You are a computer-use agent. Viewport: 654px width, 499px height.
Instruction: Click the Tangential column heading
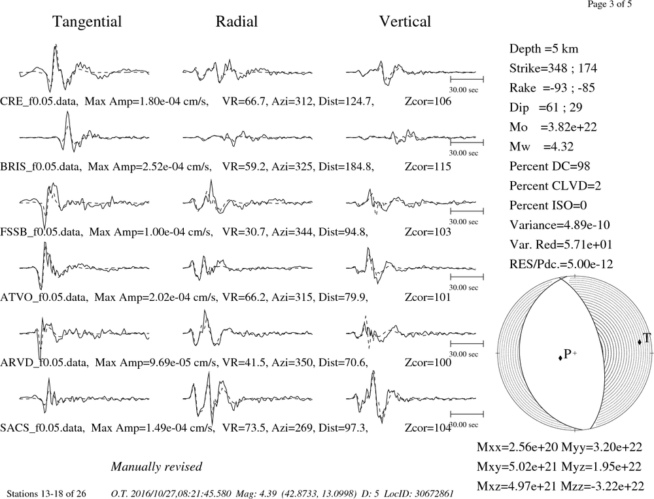tap(87, 22)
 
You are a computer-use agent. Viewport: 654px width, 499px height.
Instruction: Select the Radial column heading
tap(237, 22)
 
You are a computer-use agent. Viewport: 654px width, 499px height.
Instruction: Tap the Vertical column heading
tap(405, 22)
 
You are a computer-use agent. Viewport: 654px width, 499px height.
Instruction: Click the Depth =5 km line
tap(543, 49)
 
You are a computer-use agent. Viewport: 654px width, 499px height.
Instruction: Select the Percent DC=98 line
tap(550, 166)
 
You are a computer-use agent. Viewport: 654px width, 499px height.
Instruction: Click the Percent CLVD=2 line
tap(555, 186)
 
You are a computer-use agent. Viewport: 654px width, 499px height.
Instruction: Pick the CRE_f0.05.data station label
tap(39, 101)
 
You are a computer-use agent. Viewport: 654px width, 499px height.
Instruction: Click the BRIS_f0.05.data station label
tap(41, 167)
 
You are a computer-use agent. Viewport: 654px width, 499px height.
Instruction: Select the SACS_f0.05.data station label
tap(43, 428)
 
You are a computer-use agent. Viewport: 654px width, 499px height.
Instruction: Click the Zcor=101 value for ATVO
tap(428, 298)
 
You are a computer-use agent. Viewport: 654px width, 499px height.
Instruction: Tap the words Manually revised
tap(156, 466)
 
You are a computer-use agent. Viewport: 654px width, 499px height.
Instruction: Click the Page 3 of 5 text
tap(610, 4)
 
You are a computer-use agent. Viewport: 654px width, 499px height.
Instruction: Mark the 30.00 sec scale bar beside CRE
tap(467, 79)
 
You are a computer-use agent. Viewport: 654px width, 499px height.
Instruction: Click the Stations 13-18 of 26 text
tap(46, 494)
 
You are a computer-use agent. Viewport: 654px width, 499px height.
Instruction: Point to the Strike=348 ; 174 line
tap(553, 69)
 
